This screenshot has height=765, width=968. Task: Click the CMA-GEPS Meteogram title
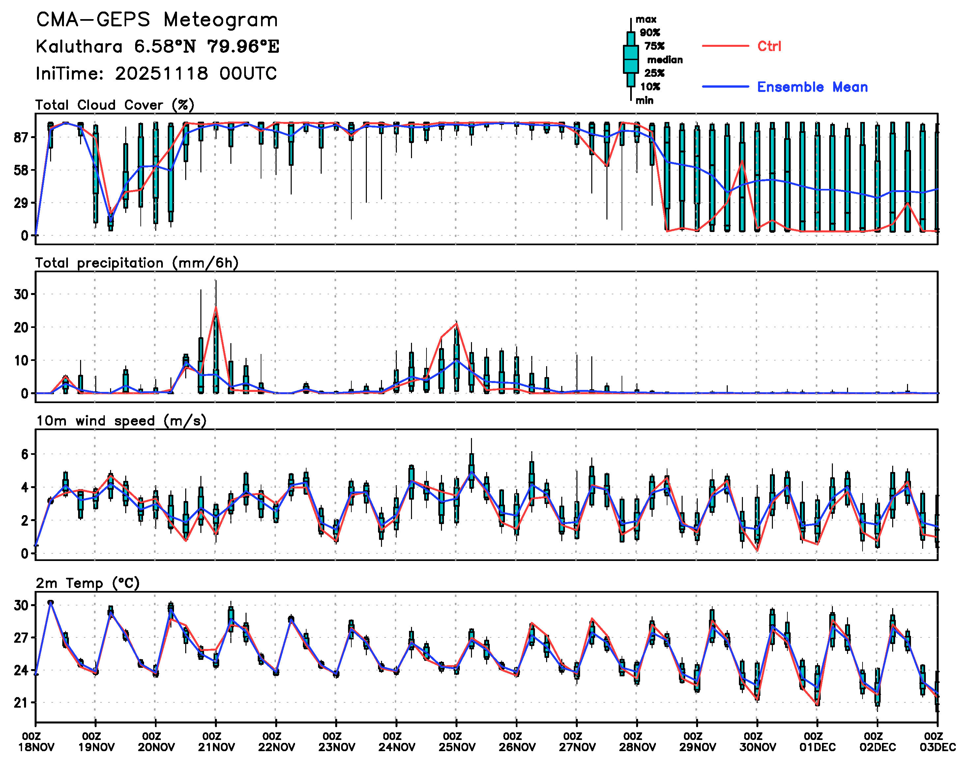click(157, 20)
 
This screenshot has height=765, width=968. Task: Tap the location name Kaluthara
click(79, 46)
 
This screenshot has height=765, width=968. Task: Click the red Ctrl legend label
click(769, 46)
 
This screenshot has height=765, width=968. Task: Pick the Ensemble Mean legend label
click(812, 87)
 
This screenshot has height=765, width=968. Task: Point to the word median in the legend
click(665, 60)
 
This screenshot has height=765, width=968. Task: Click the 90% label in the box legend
click(650, 33)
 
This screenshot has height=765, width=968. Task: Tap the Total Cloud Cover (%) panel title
click(115, 105)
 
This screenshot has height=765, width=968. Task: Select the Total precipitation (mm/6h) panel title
click(137, 263)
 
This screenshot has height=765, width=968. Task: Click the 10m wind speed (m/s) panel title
click(121, 421)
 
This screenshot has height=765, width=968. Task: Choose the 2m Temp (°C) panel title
click(88, 583)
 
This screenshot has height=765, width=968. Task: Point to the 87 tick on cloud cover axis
click(21, 137)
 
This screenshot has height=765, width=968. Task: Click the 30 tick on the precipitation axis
click(21, 295)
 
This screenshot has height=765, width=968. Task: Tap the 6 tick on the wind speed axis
click(24, 455)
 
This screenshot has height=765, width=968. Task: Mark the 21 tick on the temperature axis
click(21, 703)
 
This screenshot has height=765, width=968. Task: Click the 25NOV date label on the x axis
click(456, 748)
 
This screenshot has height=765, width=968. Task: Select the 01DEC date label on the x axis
click(817, 748)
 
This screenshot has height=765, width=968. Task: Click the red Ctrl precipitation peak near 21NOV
click(216, 307)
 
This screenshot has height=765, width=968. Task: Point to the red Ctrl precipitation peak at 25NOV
click(456, 323)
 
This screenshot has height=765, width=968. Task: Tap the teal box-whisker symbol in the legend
click(631, 59)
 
